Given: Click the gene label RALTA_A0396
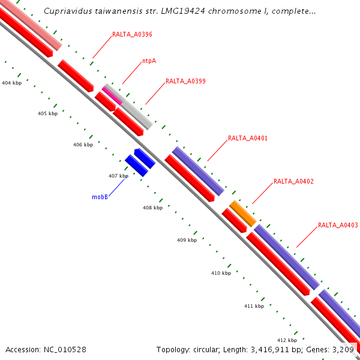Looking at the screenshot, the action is [132, 35].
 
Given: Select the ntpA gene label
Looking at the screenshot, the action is [149, 61].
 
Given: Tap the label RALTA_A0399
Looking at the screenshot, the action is [185, 81].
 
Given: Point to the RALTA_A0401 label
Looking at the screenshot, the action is [248, 138].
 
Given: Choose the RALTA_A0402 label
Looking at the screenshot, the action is [293, 181].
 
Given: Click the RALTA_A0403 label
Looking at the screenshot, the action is [338, 226].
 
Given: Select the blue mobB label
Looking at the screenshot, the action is [100, 197].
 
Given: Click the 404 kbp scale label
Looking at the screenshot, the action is [12, 83].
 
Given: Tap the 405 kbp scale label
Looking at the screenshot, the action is [47, 113].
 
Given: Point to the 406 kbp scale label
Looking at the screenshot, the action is [83, 145].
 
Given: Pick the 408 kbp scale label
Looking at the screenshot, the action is [152, 208].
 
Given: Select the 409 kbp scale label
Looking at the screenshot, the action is [187, 240].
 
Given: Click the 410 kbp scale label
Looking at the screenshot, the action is [221, 273].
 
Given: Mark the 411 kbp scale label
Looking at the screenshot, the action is [254, 306].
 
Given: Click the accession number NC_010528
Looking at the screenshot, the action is [59, 349].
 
